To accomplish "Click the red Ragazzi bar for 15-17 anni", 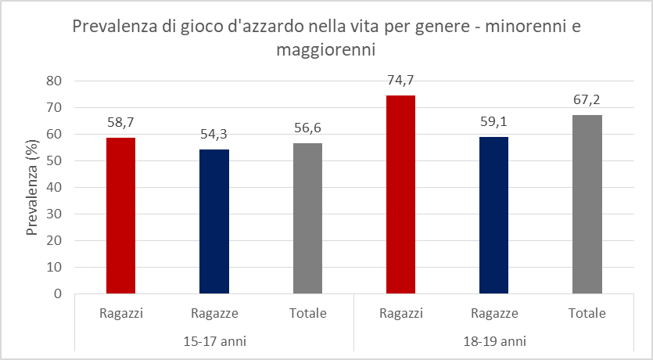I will click(120, 215).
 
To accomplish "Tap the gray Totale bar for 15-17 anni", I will click(307, 218).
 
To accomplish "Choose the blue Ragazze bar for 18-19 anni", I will click(493, 215).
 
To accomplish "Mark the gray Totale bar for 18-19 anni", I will click(587, 204).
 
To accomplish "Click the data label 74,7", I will click(400, 81).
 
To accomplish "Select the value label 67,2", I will click(587, 101).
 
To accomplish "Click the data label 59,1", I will click(493, 123).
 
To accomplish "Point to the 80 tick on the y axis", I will click(54, 81).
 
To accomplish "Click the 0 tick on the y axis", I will click(58, 293).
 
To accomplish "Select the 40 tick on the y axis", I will click(54, 187).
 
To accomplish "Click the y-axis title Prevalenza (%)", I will click(33, 187).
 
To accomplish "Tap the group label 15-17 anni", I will click(213, 341).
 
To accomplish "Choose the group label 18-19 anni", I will click(493, 341).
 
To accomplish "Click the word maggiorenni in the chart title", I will click(326, 50).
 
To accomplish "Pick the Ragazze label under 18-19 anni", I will click(493, 314).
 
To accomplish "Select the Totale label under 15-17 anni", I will click(307, 314).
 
